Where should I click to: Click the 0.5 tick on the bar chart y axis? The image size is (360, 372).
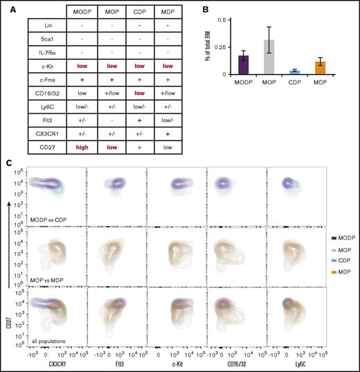(225, 19)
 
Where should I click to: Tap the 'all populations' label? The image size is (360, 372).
(48, 341)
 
